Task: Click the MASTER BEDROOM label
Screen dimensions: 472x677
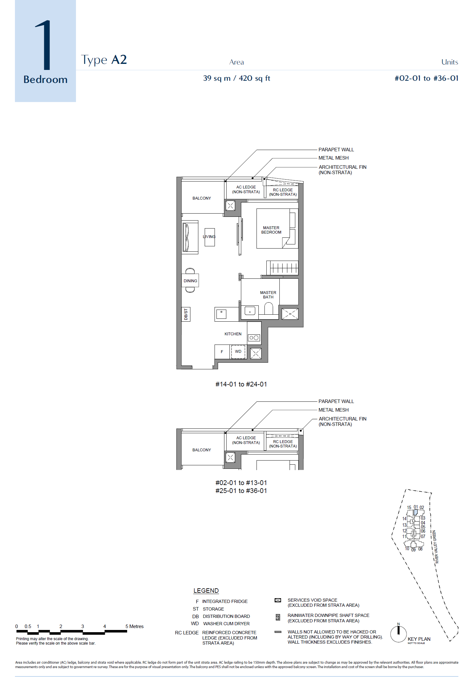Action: click(271, 230)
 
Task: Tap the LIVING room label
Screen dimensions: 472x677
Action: click(209, 237)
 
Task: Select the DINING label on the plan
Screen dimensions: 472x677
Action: click(190, 281)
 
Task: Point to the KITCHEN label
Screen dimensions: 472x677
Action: click(233, 334)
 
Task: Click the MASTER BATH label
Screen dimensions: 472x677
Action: click(268, 295)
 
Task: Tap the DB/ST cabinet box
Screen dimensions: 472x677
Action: click(186, 314)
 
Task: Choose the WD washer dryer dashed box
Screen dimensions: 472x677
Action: click(238, 352)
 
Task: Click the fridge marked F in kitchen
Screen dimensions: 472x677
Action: click(222, 352)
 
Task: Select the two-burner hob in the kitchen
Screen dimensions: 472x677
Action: click(254, 338)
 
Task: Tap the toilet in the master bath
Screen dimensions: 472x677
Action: click(269, 308)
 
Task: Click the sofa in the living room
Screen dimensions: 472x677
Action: click(190, 237)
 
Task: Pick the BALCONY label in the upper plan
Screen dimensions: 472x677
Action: click(202, 198)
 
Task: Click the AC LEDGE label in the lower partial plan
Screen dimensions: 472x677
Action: click(246, 440)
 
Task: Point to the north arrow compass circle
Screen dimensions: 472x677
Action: click(398, 634)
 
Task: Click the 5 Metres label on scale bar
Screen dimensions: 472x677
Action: click(134, 626)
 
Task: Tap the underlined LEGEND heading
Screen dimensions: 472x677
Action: click(206, 591)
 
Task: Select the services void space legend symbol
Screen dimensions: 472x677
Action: click(278, 600)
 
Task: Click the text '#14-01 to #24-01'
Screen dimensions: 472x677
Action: click(241, 384)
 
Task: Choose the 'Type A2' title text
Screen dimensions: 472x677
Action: click(104, 60)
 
